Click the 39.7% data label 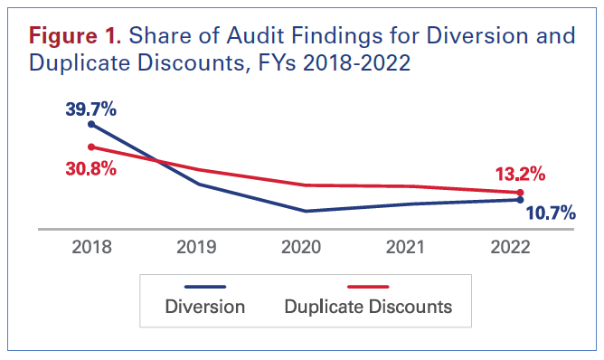point(90,109)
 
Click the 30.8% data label point(90,168)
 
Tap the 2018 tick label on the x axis point(90,248)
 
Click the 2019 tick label point(198,248)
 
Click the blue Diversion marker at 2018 point(90,125)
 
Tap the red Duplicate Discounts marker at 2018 point(90,147)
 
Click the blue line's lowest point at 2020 point(306,212)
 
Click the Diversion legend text point(205,307)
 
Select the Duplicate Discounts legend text point(368,307)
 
